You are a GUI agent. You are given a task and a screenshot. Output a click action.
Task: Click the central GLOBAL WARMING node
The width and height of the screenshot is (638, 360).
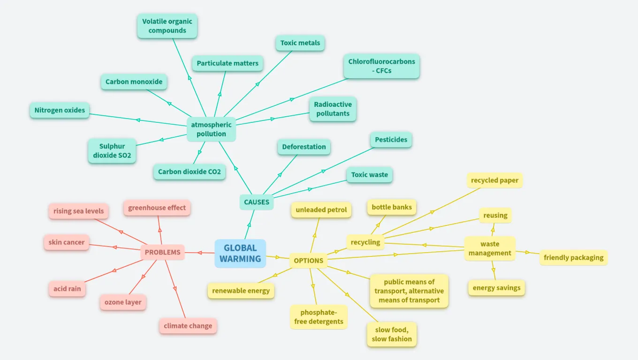[x=240, y=253]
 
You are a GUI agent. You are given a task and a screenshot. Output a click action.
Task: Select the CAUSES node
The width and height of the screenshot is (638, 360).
[x=257, y=202]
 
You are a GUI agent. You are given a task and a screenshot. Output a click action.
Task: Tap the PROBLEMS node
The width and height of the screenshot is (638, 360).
[x=162, y=252]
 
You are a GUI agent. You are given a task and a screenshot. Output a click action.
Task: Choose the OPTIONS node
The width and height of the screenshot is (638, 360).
[x=308, y=261]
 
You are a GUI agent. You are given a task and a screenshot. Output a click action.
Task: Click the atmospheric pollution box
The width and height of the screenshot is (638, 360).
[x=211, y=129]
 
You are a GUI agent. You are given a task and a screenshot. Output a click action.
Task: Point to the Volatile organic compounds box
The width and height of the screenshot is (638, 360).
[x=167, y=26]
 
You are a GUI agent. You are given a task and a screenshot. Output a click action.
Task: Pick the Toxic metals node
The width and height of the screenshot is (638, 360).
[x=300, y=43]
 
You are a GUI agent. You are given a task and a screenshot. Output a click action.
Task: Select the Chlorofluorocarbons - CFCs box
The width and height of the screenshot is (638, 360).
[x=381, y=66]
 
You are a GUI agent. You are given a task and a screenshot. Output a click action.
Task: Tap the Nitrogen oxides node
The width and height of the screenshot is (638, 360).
[x=60, y=110]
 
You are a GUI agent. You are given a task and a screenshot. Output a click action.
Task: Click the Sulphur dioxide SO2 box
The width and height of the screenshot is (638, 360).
[x=112, y=150]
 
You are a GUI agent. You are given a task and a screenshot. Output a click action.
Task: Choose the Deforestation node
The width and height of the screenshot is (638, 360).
[x=304, y=147]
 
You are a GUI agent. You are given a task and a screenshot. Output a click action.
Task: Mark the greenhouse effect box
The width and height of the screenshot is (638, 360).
[x=157, y=208]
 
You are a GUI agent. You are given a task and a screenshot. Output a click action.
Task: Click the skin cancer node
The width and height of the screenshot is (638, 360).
[x=67, y=242]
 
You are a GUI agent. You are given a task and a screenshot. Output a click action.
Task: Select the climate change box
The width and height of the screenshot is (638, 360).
[x=188, y=326]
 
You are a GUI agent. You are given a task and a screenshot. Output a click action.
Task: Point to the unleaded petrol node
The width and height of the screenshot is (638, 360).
[x=321, y=210]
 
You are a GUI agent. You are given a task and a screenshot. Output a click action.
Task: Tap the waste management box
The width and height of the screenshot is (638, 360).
[x=490, y=248]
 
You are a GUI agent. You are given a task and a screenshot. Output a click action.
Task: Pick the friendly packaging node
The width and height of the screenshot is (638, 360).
[x=573, y=257]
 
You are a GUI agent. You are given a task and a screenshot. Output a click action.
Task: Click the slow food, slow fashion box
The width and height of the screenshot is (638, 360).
[x=392, y=334]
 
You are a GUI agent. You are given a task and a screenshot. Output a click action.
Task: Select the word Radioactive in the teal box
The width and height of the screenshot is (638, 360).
[x=333, y=105]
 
